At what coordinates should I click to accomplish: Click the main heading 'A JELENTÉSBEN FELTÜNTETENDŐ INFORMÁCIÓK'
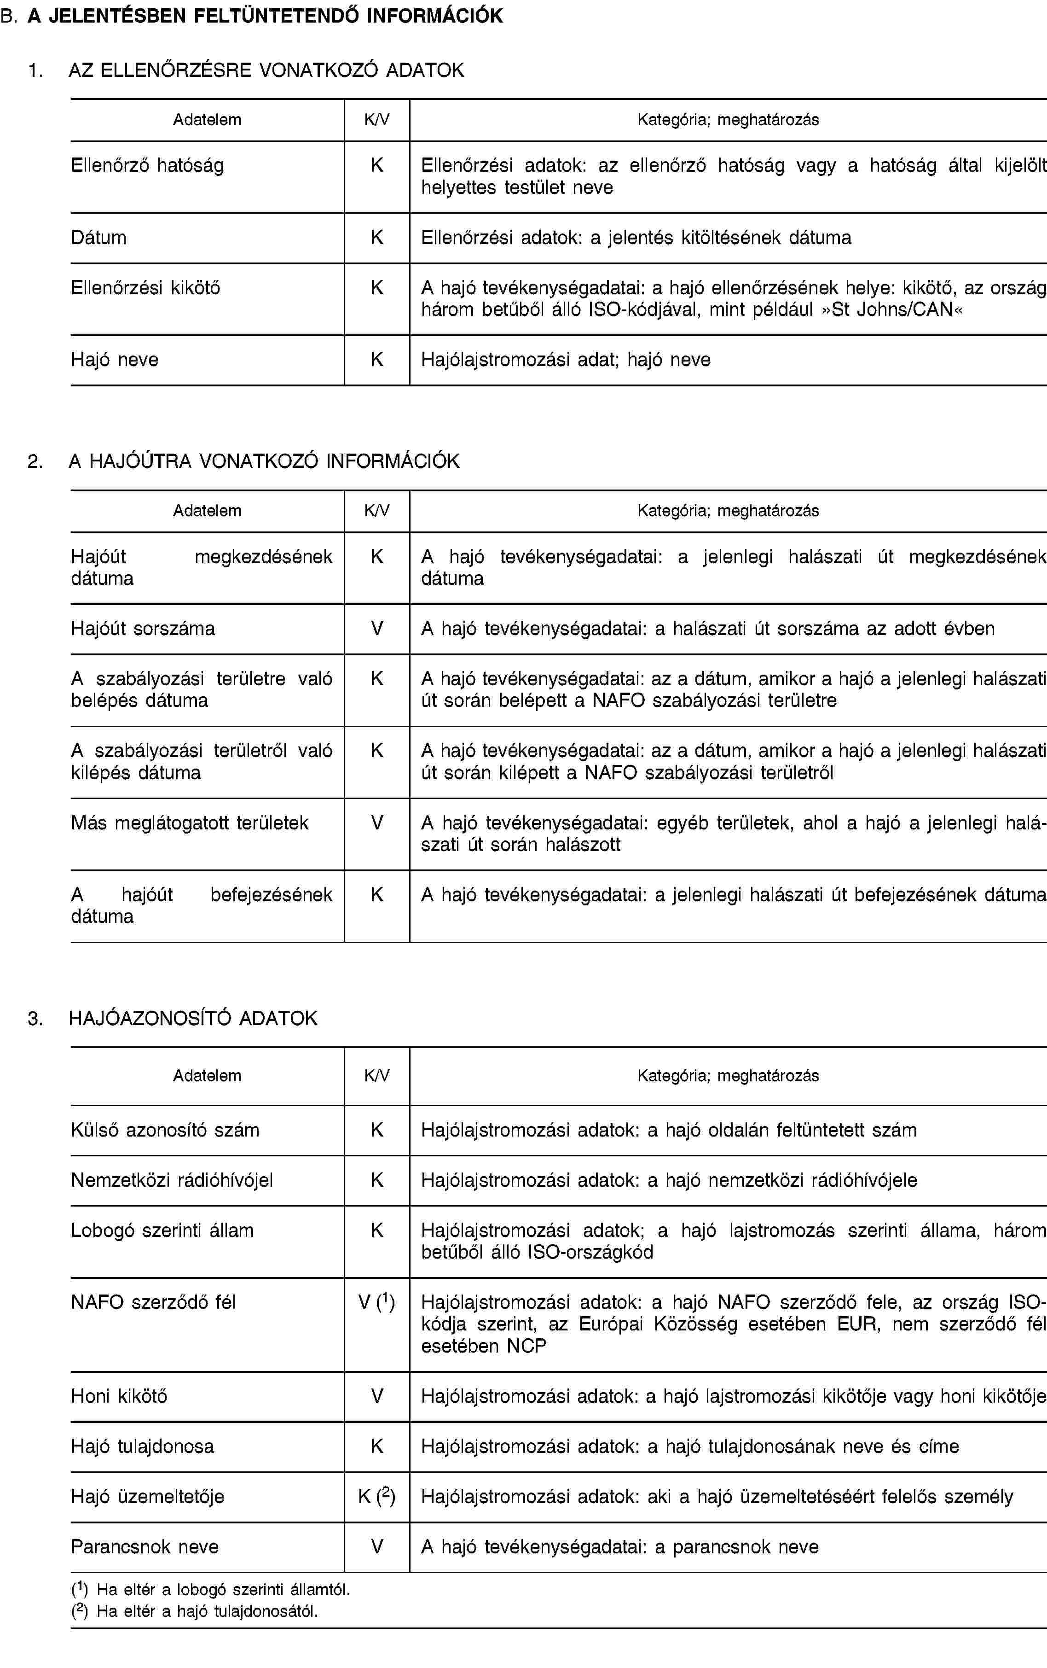click(265, 16)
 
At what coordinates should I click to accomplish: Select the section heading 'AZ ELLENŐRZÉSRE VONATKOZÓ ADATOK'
click(266, 70)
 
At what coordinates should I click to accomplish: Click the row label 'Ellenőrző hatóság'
click(147, 165)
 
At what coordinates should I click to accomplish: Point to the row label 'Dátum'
click(99, 238)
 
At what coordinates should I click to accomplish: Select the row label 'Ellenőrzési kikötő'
click(145, 287)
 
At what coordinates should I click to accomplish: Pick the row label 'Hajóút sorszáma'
click(143, 628)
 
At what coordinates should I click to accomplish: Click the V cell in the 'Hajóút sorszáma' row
click(377, 628)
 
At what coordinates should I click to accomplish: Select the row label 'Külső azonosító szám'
click(165, 1130)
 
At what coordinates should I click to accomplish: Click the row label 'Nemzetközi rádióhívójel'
click(172, 1180)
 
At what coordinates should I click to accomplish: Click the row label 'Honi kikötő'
click(119, 1396)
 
